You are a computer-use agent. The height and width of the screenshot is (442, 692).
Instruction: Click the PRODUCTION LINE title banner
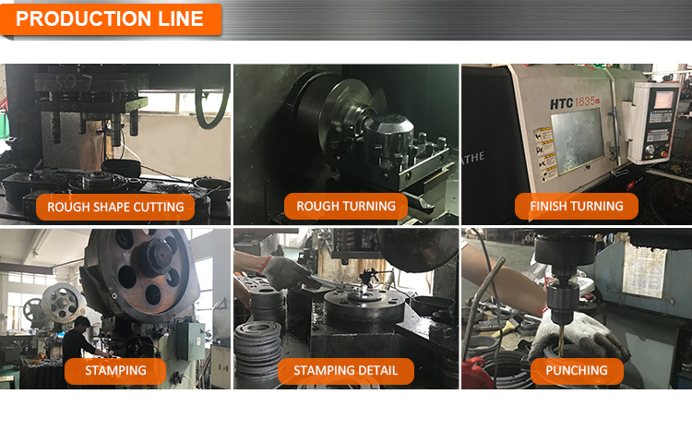tap(111, 18)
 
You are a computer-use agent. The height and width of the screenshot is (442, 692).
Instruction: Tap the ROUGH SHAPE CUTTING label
tap(115, 207)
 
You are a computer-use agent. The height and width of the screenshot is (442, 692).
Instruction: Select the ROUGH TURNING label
tap(346, 207)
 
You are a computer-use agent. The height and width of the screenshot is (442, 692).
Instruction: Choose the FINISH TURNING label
tap(577, 207)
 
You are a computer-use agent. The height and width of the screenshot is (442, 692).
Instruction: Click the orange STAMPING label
tap(115, 371)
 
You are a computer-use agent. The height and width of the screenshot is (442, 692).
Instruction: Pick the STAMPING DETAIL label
tap(346, 371)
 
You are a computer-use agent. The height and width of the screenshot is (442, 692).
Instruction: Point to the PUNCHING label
tap(577, 371)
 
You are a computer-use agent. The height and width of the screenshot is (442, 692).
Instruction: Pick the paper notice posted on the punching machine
tap(644, 269)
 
